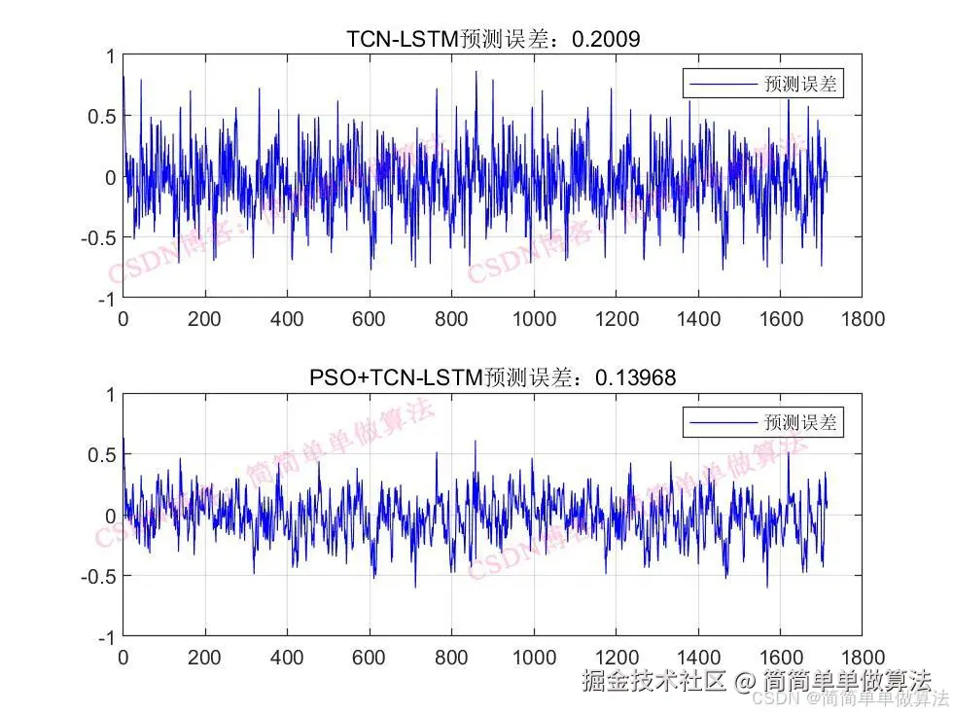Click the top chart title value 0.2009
[x=608, y=39]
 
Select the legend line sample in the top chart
[x=721, y=85]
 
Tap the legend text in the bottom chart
[x=800, y=423]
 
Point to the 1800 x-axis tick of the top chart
[x=864, y=318]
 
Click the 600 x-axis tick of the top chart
[x=370, y=318]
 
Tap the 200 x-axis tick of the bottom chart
[x=205, y=657]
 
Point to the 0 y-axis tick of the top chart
[x=109, y=177]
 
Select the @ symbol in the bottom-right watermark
[x=744, y=681]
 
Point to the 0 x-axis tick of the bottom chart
[x=123, y=657]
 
